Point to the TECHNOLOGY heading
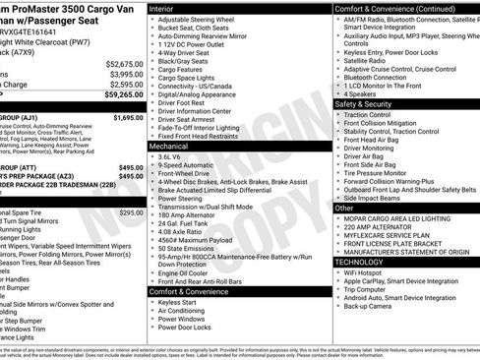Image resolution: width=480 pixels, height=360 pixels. point(365,263)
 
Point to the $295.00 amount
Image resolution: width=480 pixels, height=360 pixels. point(130,212)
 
